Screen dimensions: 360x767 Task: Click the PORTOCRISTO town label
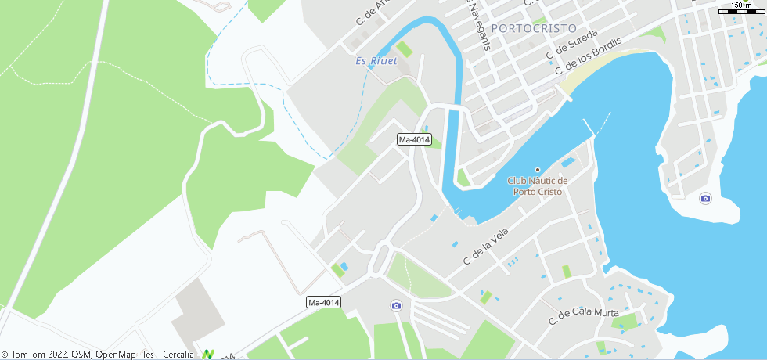[535, 28]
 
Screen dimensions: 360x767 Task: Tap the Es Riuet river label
[376, 61]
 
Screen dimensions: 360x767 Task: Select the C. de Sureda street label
[572, 45]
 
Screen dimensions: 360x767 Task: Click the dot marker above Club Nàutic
[538, 170]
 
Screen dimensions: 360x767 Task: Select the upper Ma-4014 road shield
[414, 140]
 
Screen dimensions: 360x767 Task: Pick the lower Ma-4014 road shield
[324, 302]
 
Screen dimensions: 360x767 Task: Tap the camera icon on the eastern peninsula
[705, 198]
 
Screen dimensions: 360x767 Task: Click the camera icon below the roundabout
[396, 305]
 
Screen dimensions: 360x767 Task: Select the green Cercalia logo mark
[208, 354]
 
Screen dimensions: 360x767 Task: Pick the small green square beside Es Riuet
[404, 49]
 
